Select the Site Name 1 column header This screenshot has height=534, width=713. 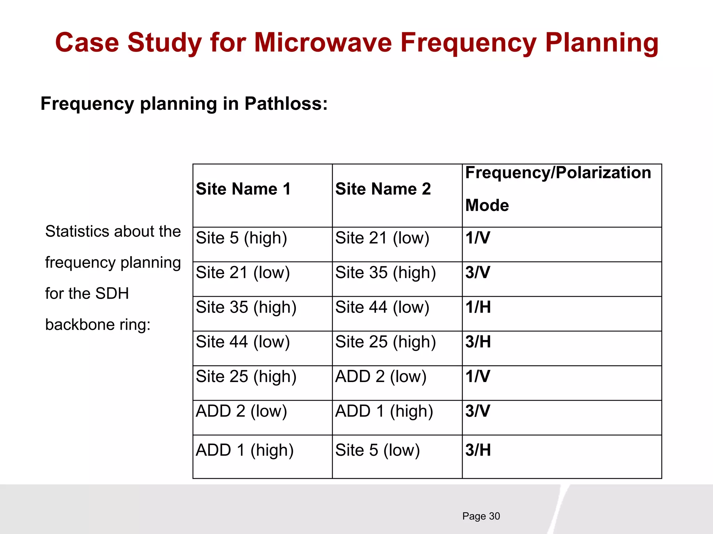point(243,189)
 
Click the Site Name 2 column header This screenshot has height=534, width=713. point(383,189)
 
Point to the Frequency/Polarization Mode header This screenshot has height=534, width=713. point(558,189)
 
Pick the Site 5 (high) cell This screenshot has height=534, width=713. point(241,238)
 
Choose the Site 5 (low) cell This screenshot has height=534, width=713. point(377,450)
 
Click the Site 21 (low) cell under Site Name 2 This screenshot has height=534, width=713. point(382,238)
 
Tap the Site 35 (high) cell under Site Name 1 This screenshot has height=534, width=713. point(246,307)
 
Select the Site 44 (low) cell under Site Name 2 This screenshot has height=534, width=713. point(382,307)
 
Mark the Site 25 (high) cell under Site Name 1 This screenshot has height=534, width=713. point(246,377)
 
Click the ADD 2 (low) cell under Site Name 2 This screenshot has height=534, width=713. point(381,377)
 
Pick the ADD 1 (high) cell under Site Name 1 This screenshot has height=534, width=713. point(244,450)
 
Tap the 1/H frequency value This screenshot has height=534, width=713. point(478,307)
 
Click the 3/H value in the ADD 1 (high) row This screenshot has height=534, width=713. point(478,450)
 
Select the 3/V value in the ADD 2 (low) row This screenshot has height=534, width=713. point(478,411)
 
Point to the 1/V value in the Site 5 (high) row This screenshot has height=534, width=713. point(478,238)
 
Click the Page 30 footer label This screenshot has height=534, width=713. point(481,516)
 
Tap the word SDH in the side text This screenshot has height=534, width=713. point(112,293)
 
